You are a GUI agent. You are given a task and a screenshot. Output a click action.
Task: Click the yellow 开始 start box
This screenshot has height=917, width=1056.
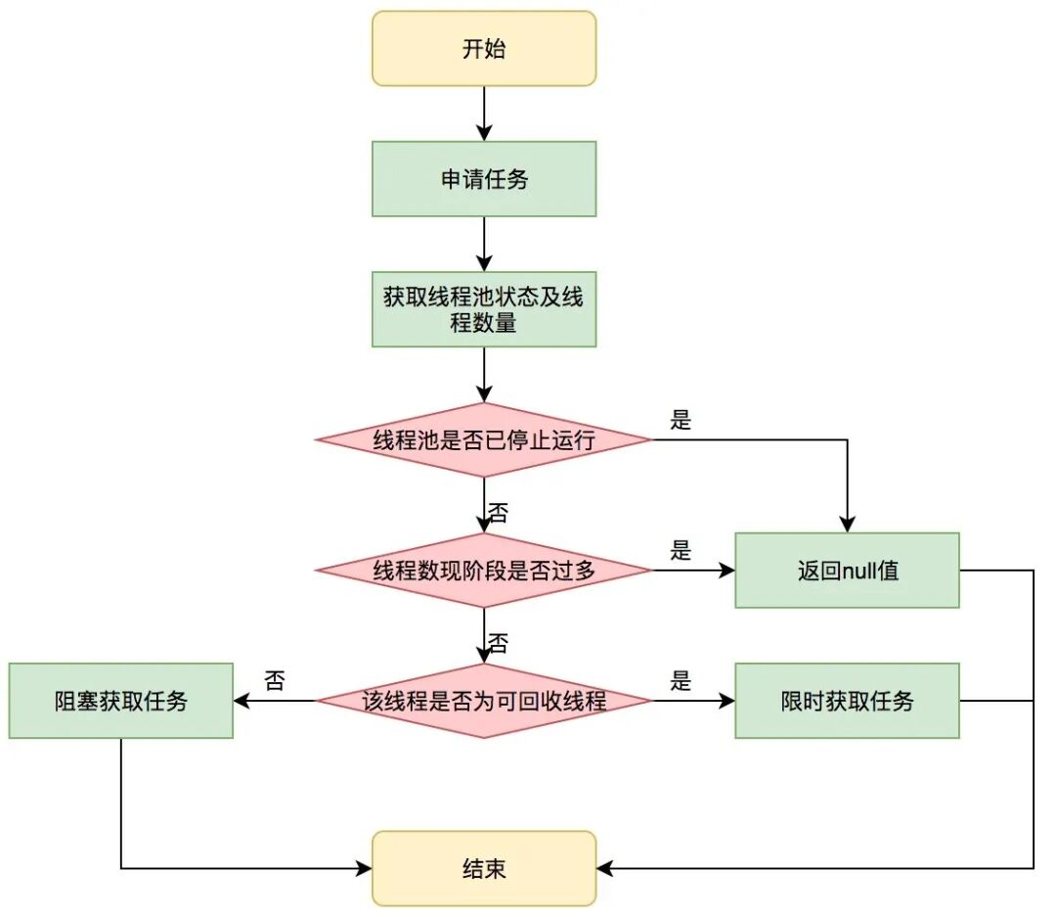[483, 49]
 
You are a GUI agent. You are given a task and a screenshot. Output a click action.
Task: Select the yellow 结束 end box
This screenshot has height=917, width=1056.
[483, 868]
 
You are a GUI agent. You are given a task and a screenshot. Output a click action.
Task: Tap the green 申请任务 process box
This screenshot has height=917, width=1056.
[483, 179]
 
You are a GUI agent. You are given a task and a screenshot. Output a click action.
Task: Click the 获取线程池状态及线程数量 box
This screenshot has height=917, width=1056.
[483, 309]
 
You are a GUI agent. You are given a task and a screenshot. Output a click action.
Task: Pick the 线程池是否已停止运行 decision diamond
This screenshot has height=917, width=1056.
[483, 439]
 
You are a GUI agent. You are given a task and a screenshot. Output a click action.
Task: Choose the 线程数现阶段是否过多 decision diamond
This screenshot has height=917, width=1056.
[483, 571]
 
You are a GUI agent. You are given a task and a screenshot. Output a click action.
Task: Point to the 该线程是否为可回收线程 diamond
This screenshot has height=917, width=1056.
[483, 701]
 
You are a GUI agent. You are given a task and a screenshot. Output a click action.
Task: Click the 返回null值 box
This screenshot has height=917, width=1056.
[847, 571]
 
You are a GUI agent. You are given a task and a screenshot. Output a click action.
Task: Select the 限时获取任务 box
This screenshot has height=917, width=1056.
[847, 701]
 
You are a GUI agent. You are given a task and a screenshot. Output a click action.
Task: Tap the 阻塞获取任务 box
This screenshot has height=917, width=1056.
[121, 701]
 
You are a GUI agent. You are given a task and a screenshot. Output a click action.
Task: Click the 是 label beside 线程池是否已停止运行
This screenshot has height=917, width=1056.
[681, 420]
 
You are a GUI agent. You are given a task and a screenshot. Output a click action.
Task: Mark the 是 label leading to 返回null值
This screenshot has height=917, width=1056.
[681, 551]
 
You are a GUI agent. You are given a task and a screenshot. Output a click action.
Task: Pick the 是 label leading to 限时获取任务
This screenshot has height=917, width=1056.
[681, 681]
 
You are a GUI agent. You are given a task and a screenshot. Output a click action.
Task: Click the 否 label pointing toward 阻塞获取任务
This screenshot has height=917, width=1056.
[275, 681]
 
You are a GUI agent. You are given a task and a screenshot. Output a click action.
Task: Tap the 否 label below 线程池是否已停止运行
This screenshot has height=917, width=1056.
[498, 512]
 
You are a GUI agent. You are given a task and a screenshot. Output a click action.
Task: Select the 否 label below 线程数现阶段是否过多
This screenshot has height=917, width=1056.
[498, 643]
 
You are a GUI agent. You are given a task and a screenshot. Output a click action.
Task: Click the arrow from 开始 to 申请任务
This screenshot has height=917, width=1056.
[483, 114]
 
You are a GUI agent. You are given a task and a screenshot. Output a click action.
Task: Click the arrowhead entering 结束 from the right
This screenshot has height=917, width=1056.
[604, 868]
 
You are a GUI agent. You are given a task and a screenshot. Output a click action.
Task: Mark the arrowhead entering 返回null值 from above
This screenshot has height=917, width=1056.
[847, 525]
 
